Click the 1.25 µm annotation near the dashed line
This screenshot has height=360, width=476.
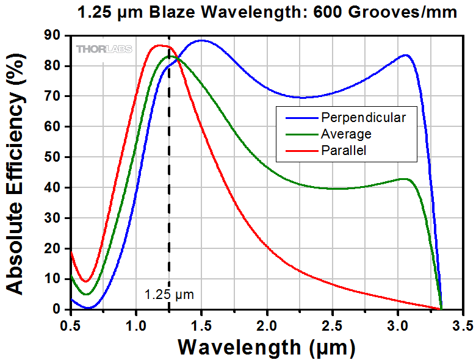(x=169, y=295)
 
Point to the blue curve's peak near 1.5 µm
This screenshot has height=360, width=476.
(x=201, y=40)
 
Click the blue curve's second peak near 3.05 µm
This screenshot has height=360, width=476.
(x=405, y=55)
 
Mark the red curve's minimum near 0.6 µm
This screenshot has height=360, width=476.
(x=87, y=281)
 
